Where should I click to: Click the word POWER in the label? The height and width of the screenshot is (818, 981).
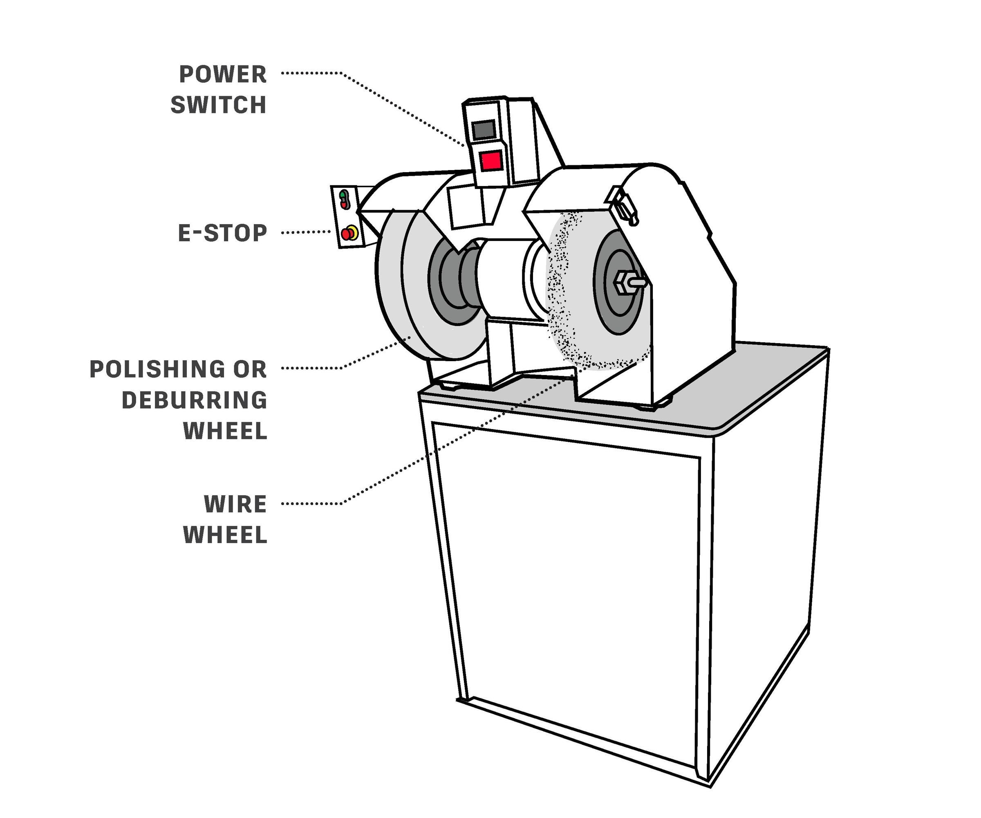coord(223,75)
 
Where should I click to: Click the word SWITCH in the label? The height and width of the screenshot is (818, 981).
coord(218,105)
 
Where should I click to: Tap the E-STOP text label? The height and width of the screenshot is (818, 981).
coord(222,233)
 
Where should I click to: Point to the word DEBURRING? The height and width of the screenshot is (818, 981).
coord(194,400)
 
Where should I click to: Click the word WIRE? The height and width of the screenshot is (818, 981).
coord(235,504)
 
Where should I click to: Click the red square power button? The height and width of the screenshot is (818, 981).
coord(491,161)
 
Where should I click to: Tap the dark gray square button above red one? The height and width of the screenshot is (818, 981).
coord(484,130)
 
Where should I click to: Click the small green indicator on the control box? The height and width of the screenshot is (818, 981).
coord(343,193)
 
